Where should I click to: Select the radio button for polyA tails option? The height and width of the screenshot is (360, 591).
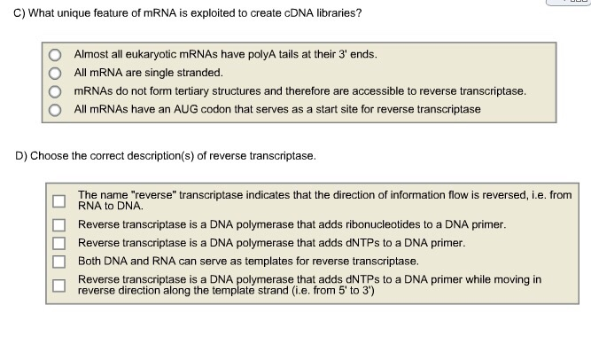coord(55,55)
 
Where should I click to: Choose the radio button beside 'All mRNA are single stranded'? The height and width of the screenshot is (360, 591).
coord(55,74)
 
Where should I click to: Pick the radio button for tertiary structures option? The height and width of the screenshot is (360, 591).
coord(55,91)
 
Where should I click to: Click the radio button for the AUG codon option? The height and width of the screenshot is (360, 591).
coord(55,110)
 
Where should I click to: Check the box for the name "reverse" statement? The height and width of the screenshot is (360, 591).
coord(58,201)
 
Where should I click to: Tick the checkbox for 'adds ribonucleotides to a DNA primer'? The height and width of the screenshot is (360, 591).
coord(58,225)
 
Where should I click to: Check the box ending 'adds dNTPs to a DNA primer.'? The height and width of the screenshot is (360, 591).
coord(58,243)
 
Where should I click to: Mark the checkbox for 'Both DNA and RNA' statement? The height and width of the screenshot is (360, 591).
coord(58,262)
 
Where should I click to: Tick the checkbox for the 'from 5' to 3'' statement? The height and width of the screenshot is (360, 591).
coord(58,286)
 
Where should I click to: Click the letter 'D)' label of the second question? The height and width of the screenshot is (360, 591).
coord(21,156)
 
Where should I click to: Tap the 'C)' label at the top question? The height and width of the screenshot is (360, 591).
coord(19,13)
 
